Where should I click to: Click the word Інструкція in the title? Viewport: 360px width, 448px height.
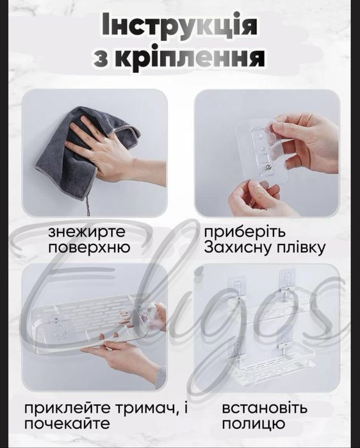click(x=179, y=26)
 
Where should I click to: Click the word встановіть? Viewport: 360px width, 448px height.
click(x=265, y=408)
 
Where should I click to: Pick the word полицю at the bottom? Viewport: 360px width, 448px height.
click(x=249, y=424)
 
